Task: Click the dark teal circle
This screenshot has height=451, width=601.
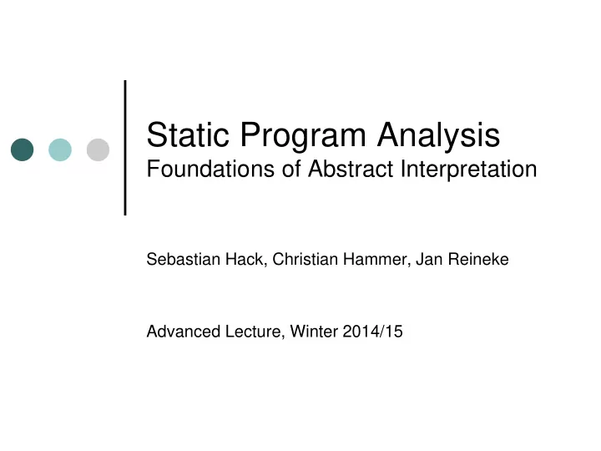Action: coord(23,149)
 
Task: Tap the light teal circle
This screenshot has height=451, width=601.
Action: coord(60,149)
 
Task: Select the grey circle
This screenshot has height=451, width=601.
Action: coord(98,149)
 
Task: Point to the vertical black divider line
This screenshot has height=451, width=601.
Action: coord(125,148)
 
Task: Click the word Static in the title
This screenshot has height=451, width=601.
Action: coord(188,134)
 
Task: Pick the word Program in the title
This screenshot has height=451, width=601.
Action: coord(303,137)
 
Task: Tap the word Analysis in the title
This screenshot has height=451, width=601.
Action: coord(438,137)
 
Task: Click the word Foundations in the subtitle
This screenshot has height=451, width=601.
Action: coord(211,169)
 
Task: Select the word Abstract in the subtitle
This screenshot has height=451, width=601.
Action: coord(351,169)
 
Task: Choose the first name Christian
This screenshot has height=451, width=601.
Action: coord(306,259)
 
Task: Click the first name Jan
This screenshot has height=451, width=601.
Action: coord(429,259)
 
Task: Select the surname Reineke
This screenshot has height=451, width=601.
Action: coord(478,259)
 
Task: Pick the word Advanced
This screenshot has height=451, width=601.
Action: coord(184,332)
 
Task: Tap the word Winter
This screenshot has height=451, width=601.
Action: coord(315,332)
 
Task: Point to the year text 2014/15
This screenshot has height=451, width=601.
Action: coord(373,332)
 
